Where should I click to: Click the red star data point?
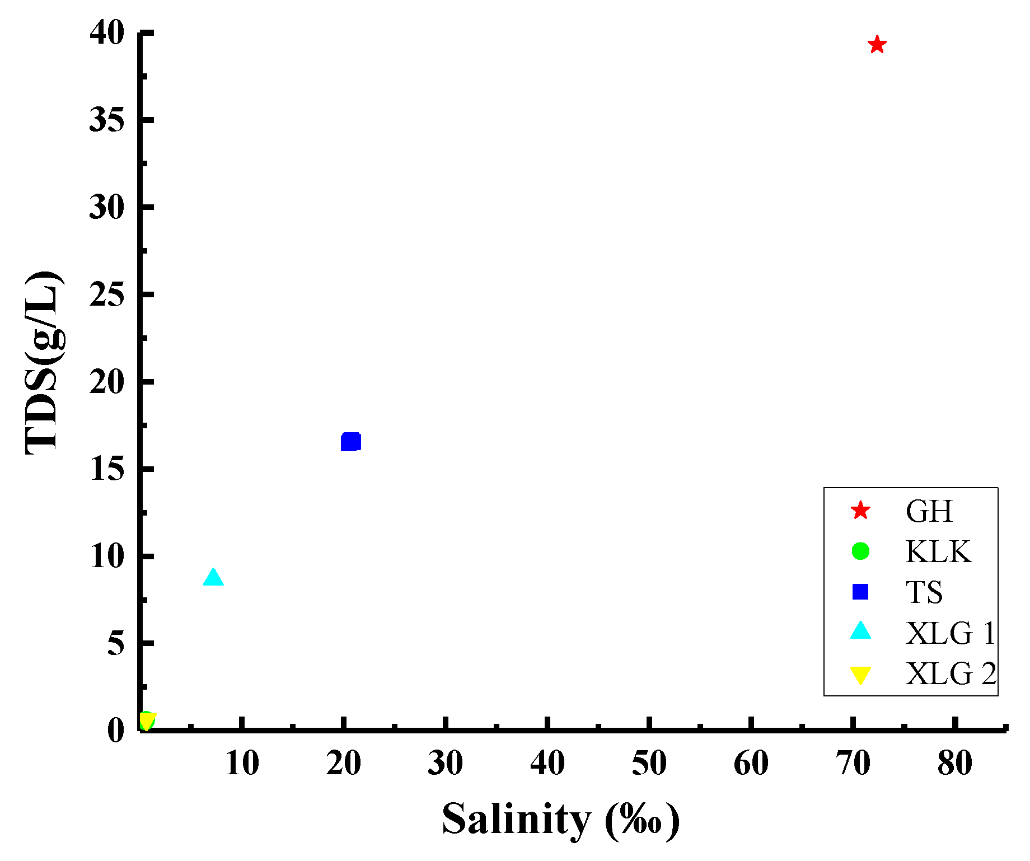pyautogui.click(x=877, y=45)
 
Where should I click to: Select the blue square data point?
pyautogui.click(x=350, y=442)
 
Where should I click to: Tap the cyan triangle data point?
pyautogui.click(x=213, y=577)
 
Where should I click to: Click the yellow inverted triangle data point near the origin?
pyautogui.click(x=147, y=721)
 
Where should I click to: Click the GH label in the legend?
pyautogui.click(x=929, y=511)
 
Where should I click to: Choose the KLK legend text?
pyautogui.click(x=938, y=551)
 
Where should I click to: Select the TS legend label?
pyautogui.click(x=924, y=592)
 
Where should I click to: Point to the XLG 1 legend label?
pyautogui.click(x=951, y=633)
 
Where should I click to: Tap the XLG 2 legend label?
pyautogui.click(x=951, y=673)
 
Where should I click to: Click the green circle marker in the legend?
pyautogui.click(x=860, y=551)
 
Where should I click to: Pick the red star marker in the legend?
pyautogui.click(x=860, y=511)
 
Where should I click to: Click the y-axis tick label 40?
pyautogui.click(x=106, y=34)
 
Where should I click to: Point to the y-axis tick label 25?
pyautogui.click(x=106, y=294)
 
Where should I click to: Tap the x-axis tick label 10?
pyautogui.click(x=242, y=762)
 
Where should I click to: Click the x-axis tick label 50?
pyautogui.click(x=649, y=762)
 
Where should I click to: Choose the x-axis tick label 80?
pyautogui.click(x=954, y=762)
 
